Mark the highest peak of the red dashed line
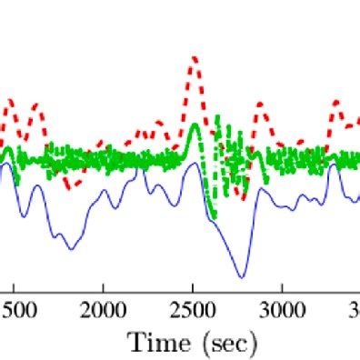coord(194,58)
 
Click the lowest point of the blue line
coord(242,276)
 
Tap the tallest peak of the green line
coord(195,125)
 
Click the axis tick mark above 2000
coord(104,289)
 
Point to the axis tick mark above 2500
coord(193,289)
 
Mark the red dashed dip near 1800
coord(70,186)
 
